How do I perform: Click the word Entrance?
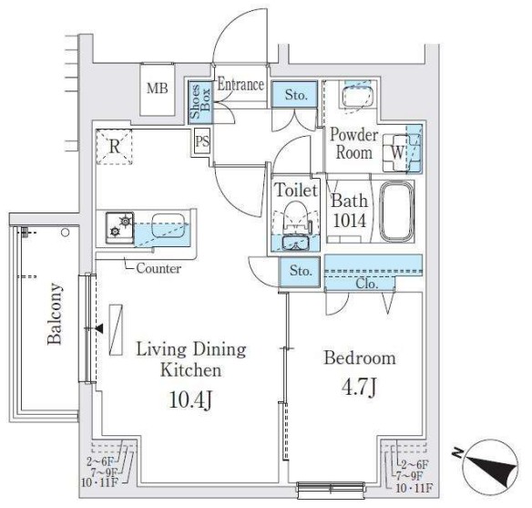click(240, 85)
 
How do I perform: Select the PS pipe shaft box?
click(201, 141)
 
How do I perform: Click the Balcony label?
click(56, 315)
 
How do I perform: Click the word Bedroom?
click(360, 358)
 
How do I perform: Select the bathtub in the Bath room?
click(395, 213)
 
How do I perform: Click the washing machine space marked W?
click(400, 151)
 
